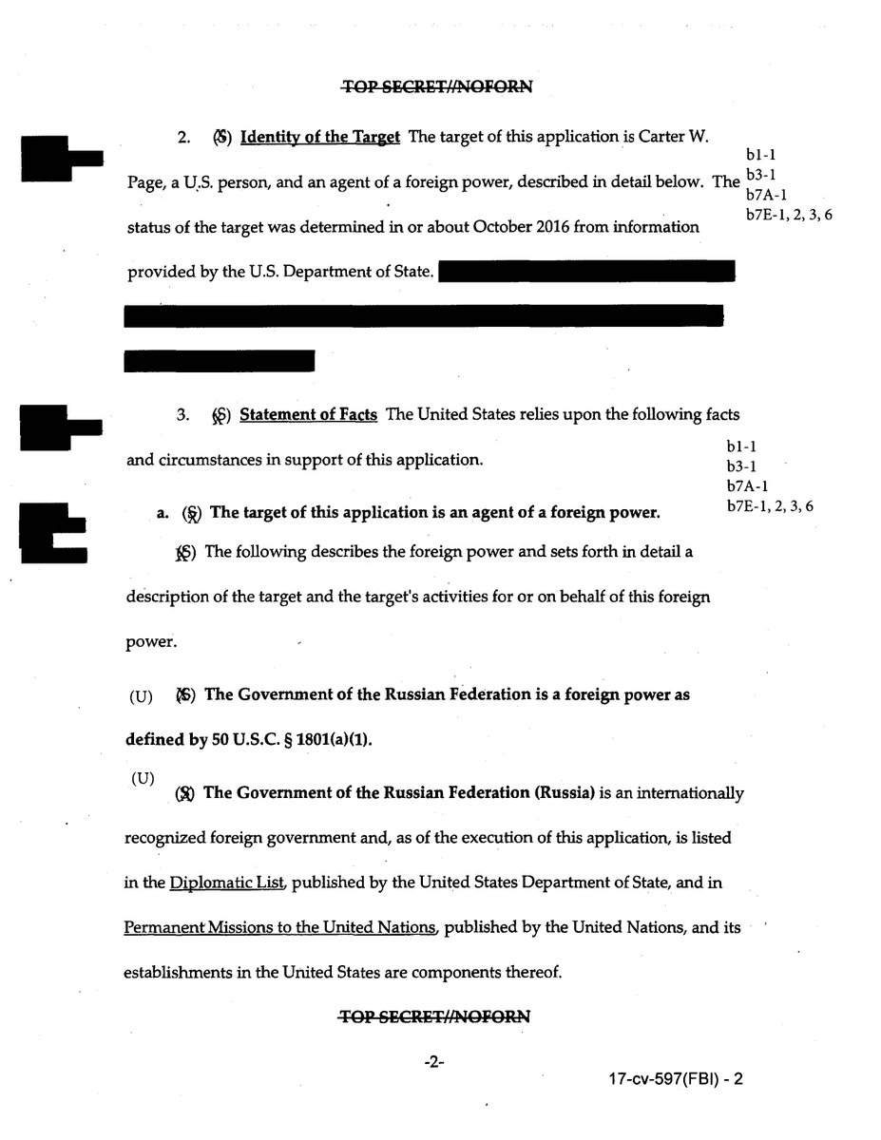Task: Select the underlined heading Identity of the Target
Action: click(x=319, y=137)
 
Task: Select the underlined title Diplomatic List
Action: click(x=228, y=883)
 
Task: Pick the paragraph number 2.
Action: click(x=183, y=137)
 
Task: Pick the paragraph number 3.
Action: click(x=183, y=415)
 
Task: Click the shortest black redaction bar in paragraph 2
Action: click(x=220, y=361)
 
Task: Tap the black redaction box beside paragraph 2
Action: click(x=60, y=159)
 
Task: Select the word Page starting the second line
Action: click(x=145, y=182)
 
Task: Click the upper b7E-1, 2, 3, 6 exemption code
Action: click(x=790, y=215)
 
